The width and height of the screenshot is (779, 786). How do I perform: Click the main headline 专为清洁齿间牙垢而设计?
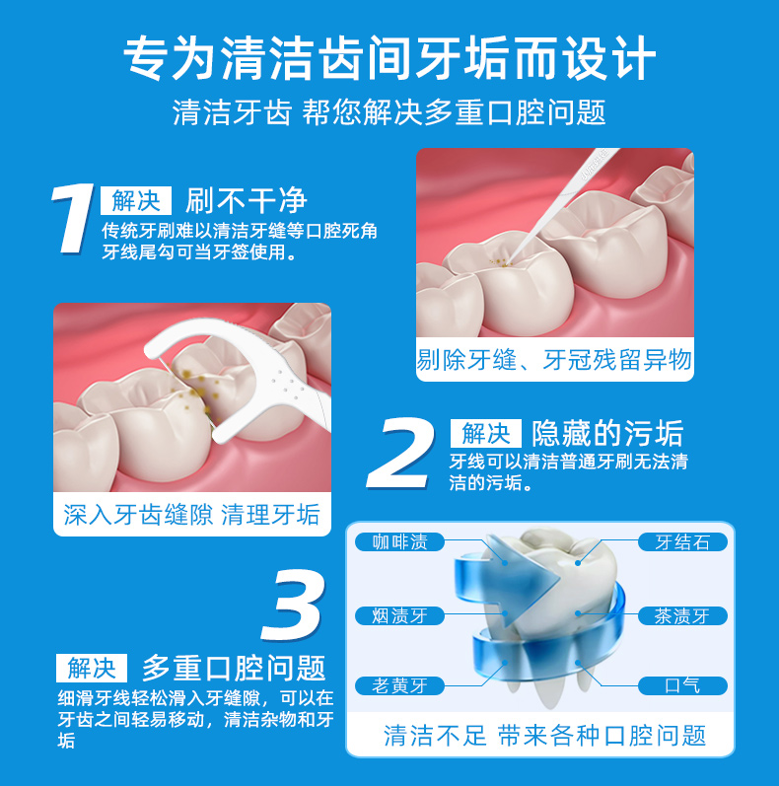point(389,57)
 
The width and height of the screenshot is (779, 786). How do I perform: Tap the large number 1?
point(73,219)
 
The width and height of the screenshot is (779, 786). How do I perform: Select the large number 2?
point(404,453)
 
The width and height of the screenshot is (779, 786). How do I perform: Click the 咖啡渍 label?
point(399,541)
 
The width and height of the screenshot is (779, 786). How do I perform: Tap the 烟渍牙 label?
point(399,615)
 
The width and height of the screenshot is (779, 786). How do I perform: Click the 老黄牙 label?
point(399,684)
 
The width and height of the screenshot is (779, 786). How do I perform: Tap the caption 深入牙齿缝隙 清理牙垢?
point(191,514)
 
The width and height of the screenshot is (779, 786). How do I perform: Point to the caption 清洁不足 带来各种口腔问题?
point(544,735)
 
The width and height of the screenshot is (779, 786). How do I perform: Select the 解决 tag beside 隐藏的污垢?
point(485,433)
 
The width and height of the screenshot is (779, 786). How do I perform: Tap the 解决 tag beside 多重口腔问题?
point(92,668)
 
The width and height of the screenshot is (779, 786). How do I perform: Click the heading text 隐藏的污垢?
point(607,433)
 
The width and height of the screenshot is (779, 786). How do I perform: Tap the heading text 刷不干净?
point(247,201)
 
